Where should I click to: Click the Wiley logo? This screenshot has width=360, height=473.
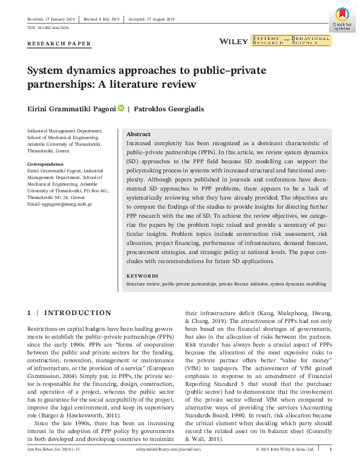234,41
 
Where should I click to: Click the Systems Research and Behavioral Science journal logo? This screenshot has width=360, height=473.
292,41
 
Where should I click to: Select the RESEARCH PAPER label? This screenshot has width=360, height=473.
59,44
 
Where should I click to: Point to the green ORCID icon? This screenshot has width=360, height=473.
121,109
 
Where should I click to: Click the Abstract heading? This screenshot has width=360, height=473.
139,134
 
